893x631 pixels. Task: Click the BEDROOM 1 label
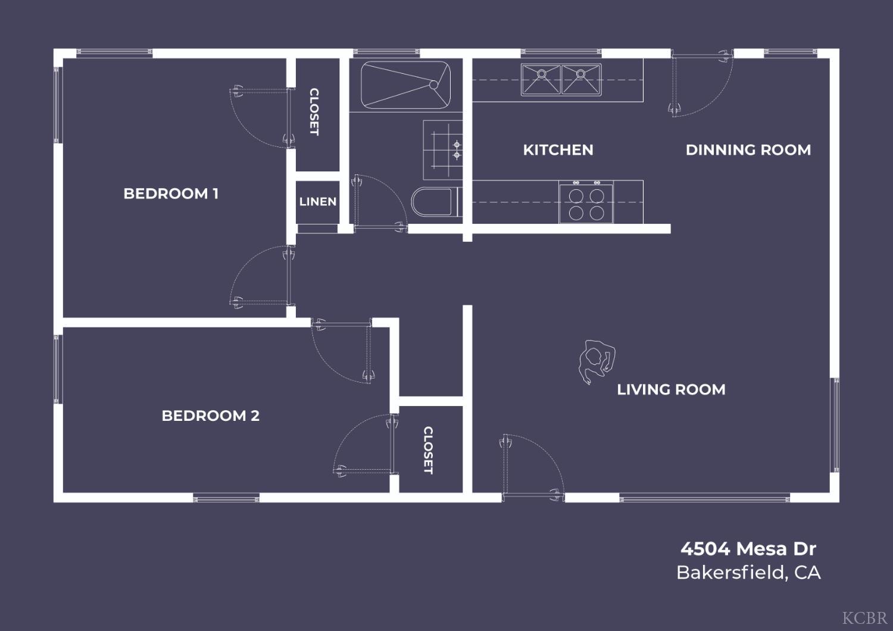pyautogui.click(x=171, y=193)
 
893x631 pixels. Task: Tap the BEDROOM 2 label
pyautogui.click(x=211, y=416)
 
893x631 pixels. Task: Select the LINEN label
pyautogui.click(x=318, y=202)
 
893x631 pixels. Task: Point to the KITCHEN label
pyautogui.click(x=558, y=150)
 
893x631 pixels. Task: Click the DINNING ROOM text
pyautogui.click(x=748, y=150)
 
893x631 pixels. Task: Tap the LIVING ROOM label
pyautogui.click(x=672, y=389)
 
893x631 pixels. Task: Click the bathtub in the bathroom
pyautogui.click(x=405, y=85)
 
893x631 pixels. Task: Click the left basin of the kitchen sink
pyautogui.click(x=541, y=80)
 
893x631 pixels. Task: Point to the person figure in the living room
pyautogui.click(x=597, y=361)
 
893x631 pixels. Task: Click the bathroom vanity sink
pyautogui.click(x=442, y=150)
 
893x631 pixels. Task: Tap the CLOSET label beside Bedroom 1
pyautogui.click(x=314, y=112)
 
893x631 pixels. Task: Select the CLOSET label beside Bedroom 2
pyautogui.click(x=428, y=451)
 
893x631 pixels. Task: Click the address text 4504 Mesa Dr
pyautogui.click(x=748, y=549)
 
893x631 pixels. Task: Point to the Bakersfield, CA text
pyautogui.click(x=749, y=573)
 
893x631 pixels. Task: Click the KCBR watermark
pyautogui.click(x=864, y=618)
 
